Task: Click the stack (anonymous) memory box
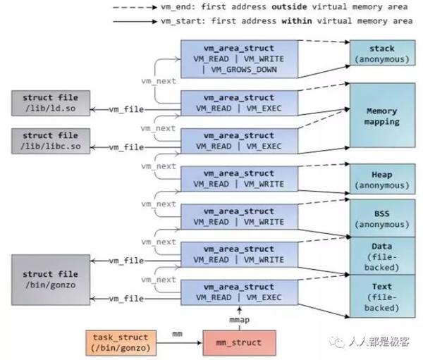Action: point(381,54)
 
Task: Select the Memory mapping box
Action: point(381,116)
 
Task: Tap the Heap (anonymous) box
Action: point(381,180)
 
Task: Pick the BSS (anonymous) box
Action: point(381,218)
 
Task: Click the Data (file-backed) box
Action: point(381,256)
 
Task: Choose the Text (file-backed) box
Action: point(381,297)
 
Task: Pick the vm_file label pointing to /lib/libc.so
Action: point(127,147)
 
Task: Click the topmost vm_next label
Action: point(159,82)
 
